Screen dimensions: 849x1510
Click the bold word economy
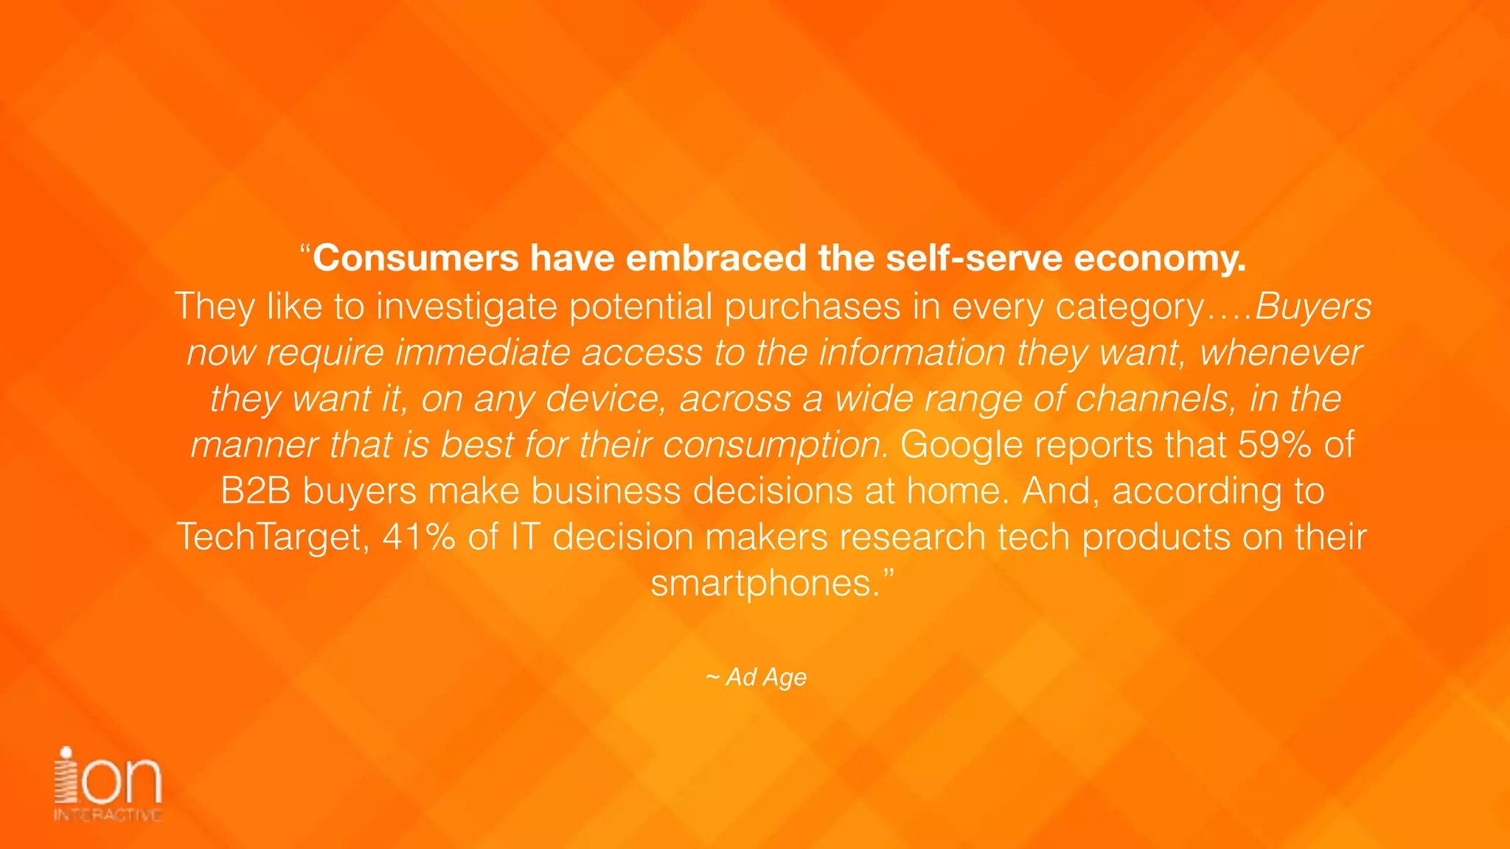pos(1159,259)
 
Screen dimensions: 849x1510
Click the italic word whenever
pos(1281,352)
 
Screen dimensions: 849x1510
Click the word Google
pos(961,445)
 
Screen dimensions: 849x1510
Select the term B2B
pos(255,492)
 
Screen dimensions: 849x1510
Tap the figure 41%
pos(419,537)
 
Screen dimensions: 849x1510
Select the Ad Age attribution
pos(757,677)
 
